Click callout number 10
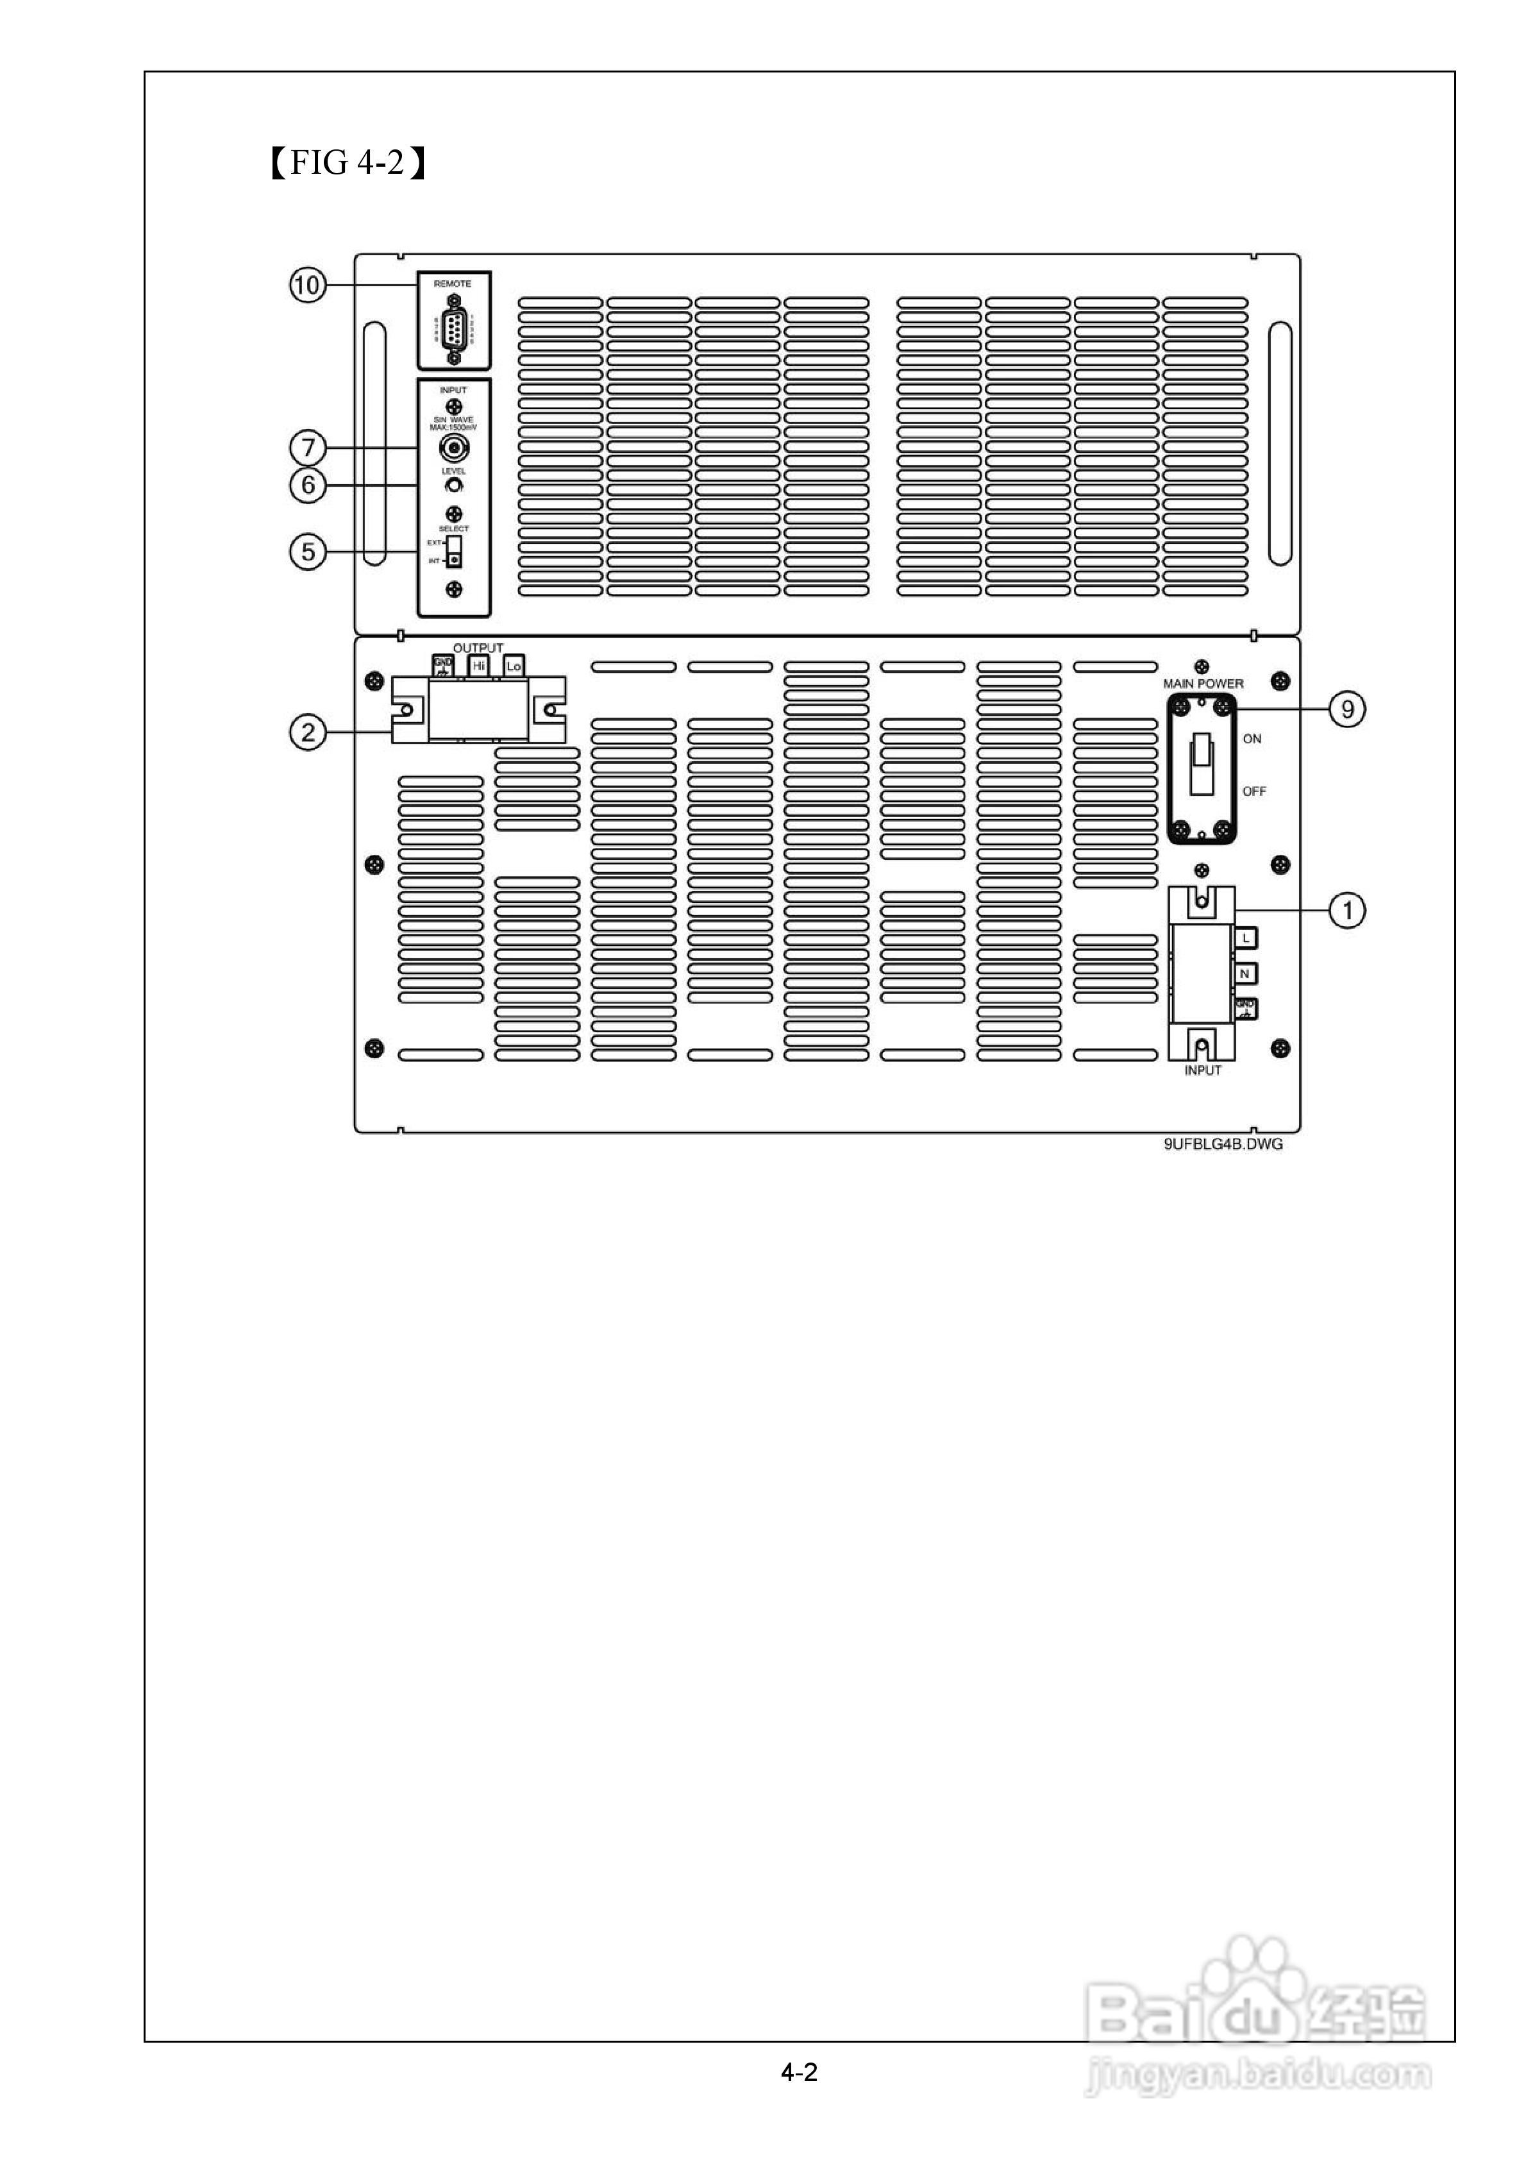click(306, 285)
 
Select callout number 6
click(306, 485)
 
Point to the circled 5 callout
click(306, 552)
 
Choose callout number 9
click(1347, 709)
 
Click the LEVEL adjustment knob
click(455, 485)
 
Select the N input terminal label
click(1245, 974)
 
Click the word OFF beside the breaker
click(1254, 791)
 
